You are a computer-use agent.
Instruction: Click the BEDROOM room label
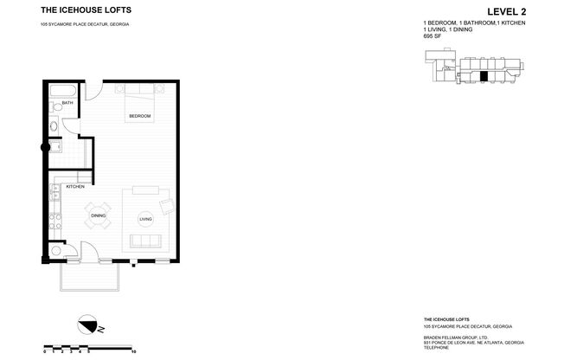pos(140,116)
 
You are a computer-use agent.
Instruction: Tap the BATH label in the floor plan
pos(67,103)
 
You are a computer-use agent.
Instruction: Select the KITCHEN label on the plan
pos(75,187)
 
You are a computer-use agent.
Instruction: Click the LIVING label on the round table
pos(145,219)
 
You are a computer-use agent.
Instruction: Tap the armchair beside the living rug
pos(165,206)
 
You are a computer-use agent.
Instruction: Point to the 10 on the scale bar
pos(132,352)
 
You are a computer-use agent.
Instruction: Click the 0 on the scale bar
pos(44,352)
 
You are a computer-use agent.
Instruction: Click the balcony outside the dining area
pos(90,274)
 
